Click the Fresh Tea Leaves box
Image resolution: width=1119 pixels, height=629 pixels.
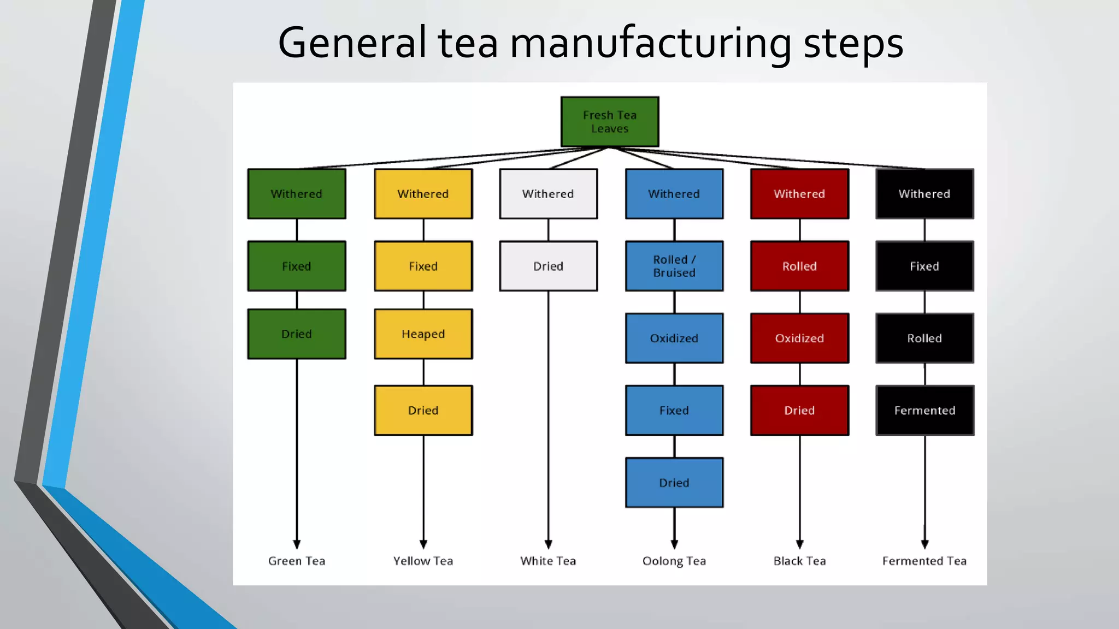610,122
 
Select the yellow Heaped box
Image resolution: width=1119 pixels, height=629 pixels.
423,334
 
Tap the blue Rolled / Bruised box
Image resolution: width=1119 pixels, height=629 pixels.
674,266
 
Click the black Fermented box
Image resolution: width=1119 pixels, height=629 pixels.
924,411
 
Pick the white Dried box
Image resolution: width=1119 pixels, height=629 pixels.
548,266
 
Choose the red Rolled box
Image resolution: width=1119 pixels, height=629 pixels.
799,266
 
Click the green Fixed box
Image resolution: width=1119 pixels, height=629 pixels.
297,266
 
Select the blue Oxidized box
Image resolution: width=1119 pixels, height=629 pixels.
674,338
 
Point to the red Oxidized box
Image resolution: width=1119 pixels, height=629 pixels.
799,338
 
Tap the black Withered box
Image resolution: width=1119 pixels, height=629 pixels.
924,194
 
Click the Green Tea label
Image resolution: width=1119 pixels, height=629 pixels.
297,561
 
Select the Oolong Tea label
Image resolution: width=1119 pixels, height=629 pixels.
674,561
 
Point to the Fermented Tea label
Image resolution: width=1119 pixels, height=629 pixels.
924,561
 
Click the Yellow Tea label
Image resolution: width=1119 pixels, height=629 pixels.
423,561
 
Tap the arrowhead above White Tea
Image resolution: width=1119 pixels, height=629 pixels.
548,544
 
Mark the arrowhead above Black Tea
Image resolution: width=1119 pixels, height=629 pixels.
799,544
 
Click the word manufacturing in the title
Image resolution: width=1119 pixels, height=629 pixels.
650,44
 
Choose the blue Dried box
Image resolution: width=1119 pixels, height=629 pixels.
674,483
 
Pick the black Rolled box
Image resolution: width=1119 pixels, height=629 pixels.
924,338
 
